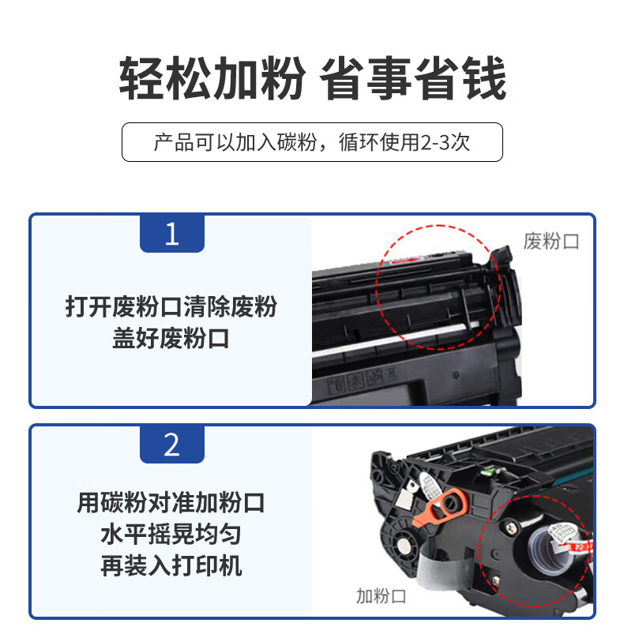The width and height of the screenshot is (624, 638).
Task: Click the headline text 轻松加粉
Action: click(x=212, y=78)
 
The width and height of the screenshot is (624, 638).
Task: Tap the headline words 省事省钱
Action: click(x=413, y=78)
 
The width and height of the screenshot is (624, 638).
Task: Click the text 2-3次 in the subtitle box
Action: click(x=445, y=142)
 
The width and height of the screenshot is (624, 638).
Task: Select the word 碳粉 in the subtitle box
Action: click(x=297, y=142)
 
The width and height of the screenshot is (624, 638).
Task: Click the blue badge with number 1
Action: click(x=171, y=233)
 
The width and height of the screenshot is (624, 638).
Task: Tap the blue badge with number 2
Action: click(x=171, y=444)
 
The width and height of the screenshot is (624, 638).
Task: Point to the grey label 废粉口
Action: click(x=551, y=242)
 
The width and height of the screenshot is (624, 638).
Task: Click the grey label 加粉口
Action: click(x=381, y=596)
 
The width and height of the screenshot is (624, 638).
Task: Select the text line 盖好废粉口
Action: click(x=171, y=338)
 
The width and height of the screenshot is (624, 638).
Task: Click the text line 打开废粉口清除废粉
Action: click(x=171, y=306)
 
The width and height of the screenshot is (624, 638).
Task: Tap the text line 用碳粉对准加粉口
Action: click(x=171, y=502)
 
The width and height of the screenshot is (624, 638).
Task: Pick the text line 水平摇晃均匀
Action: click(x=171, y=535)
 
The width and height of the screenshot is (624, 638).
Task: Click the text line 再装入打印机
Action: click(x=171, y=566)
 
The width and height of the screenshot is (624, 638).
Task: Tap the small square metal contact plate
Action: click(x=406, y=497)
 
